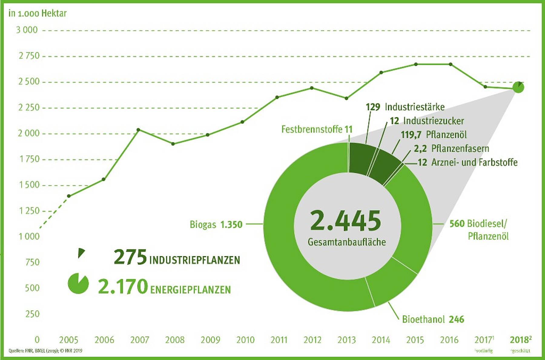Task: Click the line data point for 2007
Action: [138, 130]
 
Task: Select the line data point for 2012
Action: [312, 88]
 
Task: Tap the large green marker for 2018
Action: [518, 88]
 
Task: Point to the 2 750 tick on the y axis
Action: [29, 56]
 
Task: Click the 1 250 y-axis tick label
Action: [29, 211]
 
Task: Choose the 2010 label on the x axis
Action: [245, 340]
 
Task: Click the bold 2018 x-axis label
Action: [520, 340]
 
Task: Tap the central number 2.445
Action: [345, 221]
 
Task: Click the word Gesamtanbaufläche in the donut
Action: [347, 242]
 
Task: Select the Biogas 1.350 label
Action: [216, 225]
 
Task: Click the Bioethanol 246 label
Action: [433, 319]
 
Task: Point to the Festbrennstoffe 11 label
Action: [317, 129]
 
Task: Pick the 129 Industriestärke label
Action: [405, 107]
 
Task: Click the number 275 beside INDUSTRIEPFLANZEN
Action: [130, 257]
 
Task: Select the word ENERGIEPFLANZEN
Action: [190, 290]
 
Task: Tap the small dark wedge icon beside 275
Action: [81, 253]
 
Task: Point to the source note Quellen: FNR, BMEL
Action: [45, 351]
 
